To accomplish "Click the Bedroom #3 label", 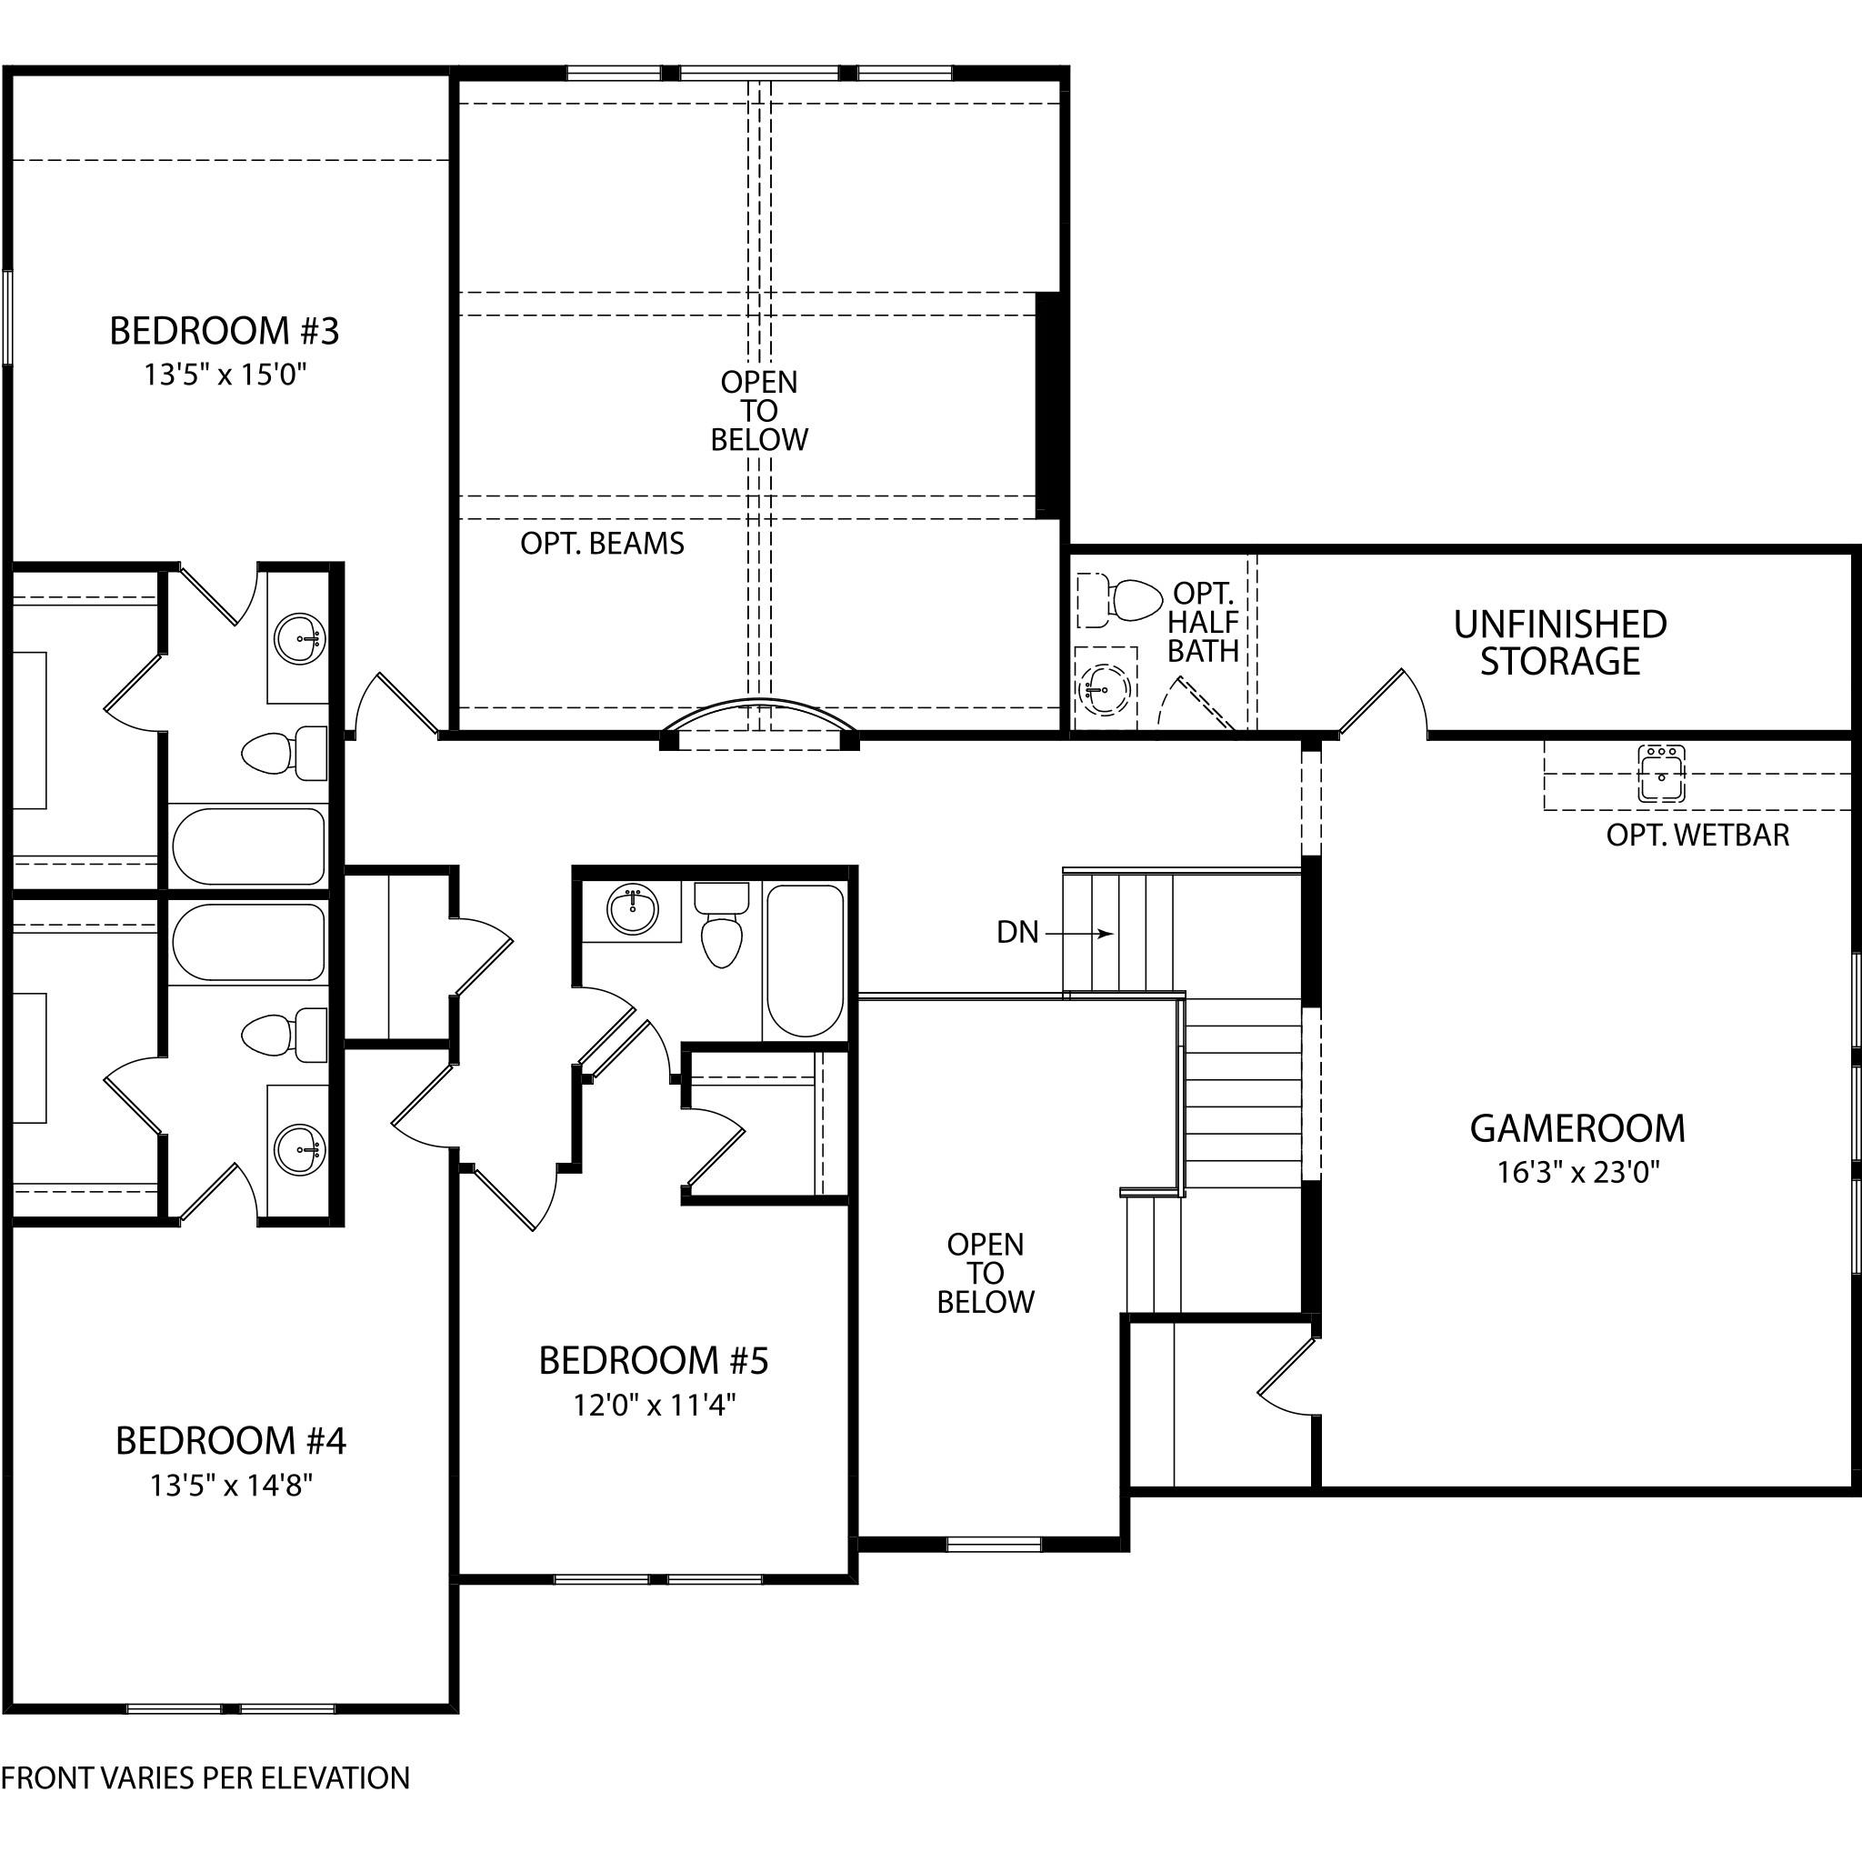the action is pos(225,331).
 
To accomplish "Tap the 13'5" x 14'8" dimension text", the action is pos(231,1486).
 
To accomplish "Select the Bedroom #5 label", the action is pos(654,1361).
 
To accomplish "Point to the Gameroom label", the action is pos(1577,1128).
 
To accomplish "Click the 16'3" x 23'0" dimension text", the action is pos(1578,1172).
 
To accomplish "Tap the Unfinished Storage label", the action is pos(1560,643).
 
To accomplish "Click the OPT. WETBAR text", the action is pos(1697,835).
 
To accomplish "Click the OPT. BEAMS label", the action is pos(603,544).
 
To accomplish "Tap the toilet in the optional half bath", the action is pos(1120,599).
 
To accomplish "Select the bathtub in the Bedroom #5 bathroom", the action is pos(805,961).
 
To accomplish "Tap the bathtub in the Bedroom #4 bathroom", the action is pos(248,943).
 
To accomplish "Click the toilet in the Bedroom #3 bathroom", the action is pos(285,753).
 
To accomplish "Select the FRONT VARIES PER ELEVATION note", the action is pos(205,1777).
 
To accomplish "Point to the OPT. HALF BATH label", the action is pos(1203,623).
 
